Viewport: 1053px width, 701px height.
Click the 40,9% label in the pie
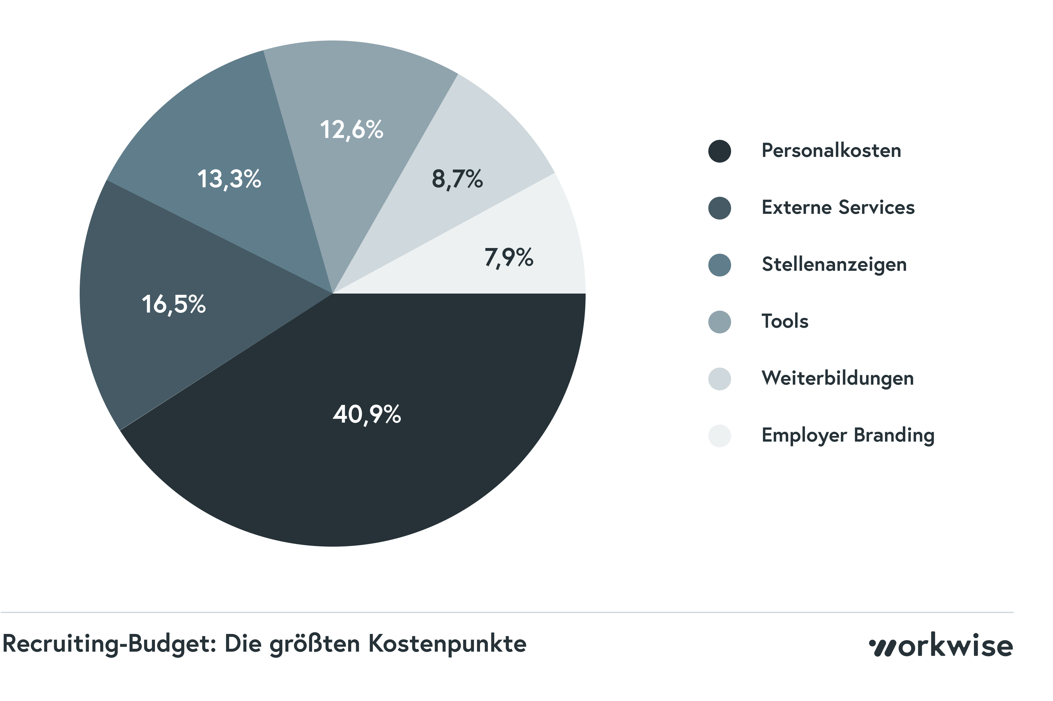click(x=366, y=414)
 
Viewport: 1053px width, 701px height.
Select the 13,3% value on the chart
click(x=229, y=179)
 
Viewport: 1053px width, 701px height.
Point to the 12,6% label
click(x=351, y=130)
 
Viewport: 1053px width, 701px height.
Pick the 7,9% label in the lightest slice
click(x=508, y=257)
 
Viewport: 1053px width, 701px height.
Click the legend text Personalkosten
click(x=831, y=151)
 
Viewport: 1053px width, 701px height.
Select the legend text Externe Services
click(x=838, y=208)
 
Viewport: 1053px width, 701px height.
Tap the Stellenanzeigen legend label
click(x=834, y=264)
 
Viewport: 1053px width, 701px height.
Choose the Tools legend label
click(x=785, y=321)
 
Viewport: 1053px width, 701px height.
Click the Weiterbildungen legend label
click(x=837, y=378)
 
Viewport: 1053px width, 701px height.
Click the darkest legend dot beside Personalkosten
click(x=719, y=151)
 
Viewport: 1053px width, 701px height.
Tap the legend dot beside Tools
click(x=719, y=322)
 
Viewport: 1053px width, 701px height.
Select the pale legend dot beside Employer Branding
click(x=719, y=436)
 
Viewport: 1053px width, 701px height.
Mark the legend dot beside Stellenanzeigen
click(x=719, y=265)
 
